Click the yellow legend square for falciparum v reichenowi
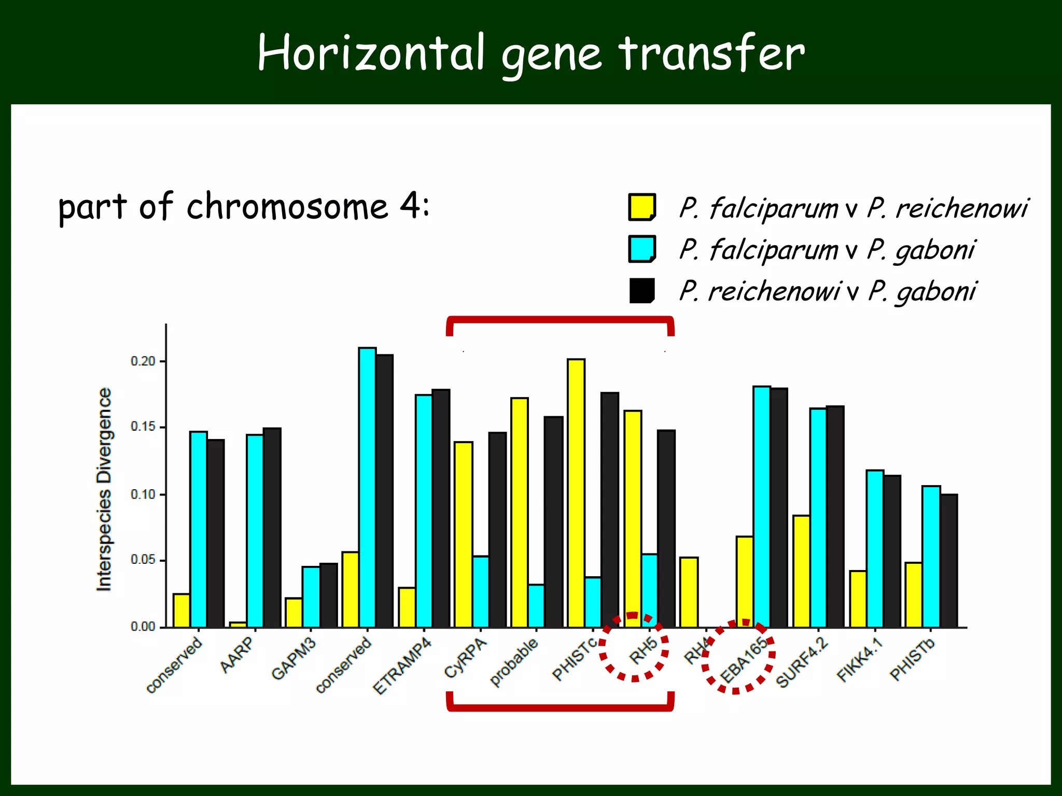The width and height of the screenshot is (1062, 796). pos(642,207)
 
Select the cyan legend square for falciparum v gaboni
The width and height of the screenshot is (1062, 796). pos(642,249)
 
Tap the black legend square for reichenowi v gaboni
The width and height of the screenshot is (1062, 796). pos(642,291)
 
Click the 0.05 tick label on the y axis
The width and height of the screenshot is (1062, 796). pos(143,560)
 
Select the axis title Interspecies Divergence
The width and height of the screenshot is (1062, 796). pos(104,489)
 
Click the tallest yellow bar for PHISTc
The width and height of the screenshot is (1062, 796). pos(576,492)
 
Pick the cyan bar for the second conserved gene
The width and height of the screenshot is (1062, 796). pos(367,487)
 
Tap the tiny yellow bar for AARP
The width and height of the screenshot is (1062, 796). pos(238,624)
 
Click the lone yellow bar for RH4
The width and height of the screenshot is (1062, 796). pos(689,592)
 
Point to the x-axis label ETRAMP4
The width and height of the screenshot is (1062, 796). pos(402,666)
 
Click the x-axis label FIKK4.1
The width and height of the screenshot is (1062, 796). pos(859,660)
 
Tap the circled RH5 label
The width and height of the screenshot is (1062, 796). pos(643,651)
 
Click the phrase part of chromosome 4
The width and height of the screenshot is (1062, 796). pos(244,207)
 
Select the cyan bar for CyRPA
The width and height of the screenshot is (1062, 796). pos(481,591)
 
